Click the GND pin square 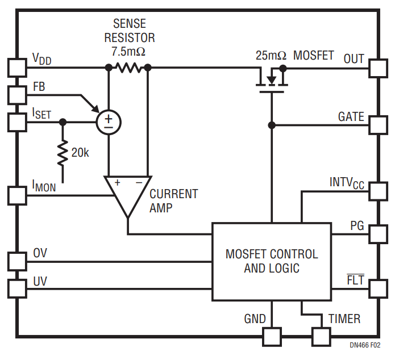272,337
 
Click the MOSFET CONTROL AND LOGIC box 272,261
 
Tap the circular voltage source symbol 108,122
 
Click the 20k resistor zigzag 62,152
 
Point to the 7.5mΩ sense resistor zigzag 128,68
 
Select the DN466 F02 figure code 364,345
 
